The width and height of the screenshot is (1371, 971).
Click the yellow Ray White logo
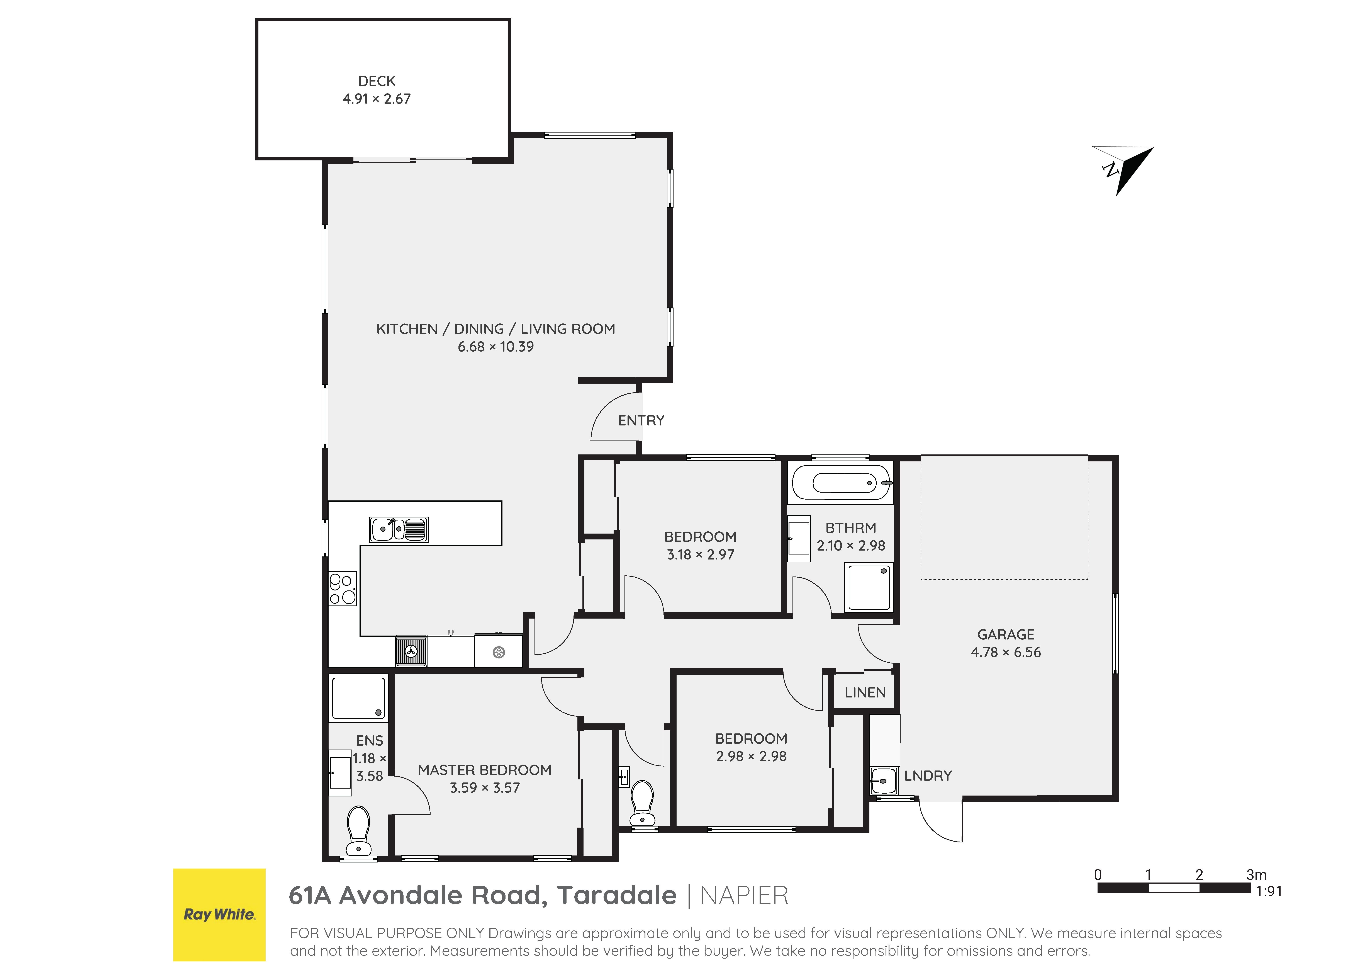click(x=219, y=915)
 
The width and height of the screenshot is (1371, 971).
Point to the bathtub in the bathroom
click(x=841, y=482)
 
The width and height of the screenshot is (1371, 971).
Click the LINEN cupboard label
click(x=865, y=692)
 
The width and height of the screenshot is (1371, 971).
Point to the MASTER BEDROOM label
click(x=485, y=770)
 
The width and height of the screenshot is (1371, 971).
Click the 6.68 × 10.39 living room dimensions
click(x=495, y=347)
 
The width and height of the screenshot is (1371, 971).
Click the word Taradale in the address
click(x=617, y=896)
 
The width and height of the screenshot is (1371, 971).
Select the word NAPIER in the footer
click(x=744, y=896)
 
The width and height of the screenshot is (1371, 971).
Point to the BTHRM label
click(x=850, y=528)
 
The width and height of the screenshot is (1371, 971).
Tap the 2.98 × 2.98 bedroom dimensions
click(x=751, y=756)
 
